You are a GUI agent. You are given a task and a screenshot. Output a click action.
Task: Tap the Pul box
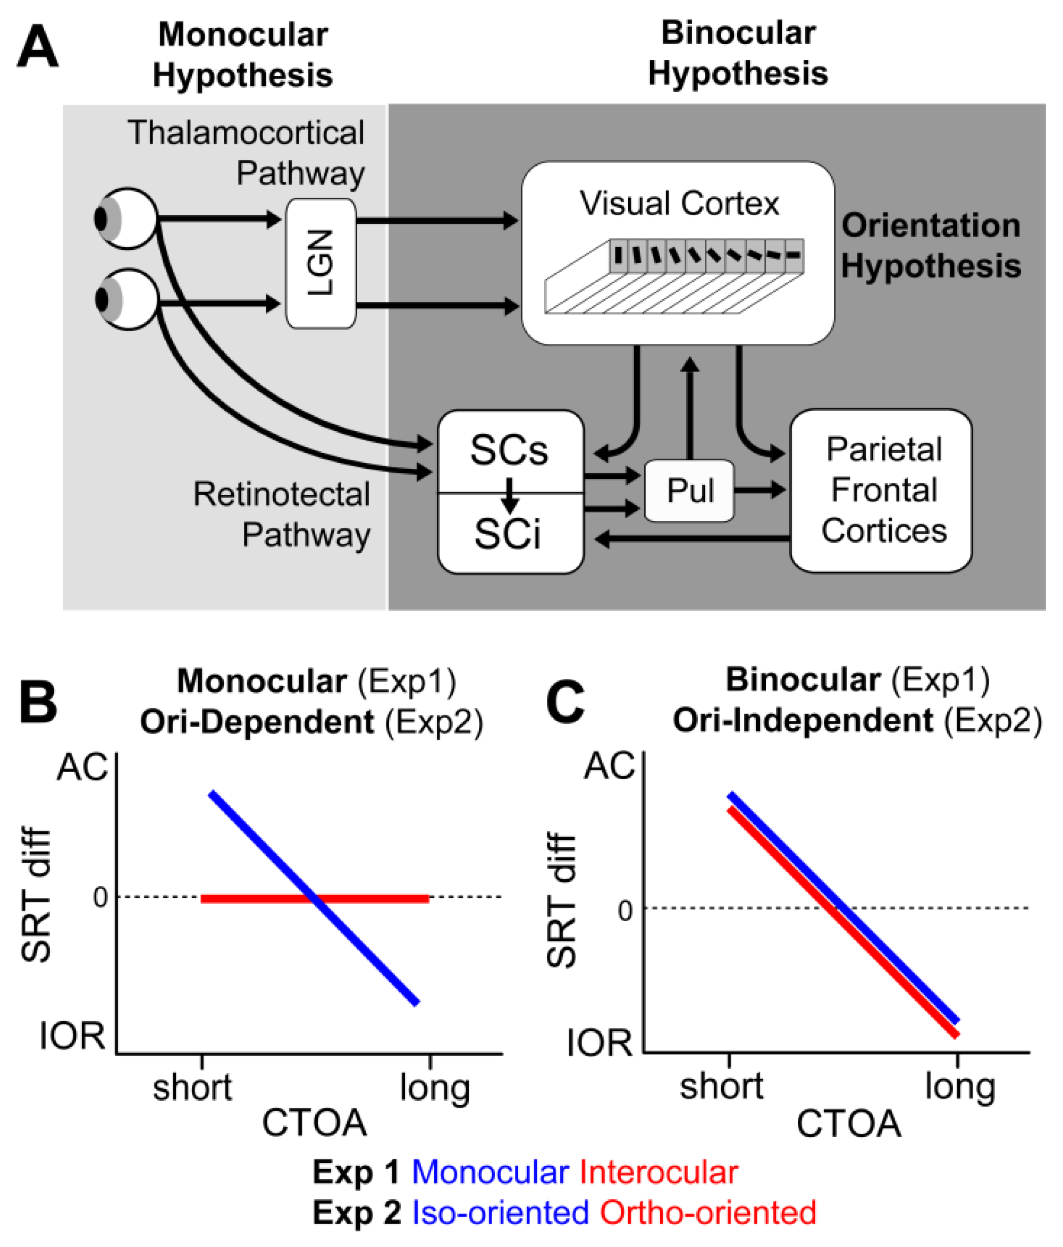point(689,490)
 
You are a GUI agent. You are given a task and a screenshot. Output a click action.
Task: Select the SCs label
point(509,450)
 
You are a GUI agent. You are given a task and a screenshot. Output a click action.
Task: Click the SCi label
point(508,534)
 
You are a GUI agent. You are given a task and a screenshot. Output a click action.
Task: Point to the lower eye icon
point(126,299)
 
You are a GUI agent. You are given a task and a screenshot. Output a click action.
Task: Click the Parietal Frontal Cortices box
point(881,491)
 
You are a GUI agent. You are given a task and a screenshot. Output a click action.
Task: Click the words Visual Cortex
point(678,204)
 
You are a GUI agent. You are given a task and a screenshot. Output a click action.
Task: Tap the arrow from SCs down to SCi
point(509,493)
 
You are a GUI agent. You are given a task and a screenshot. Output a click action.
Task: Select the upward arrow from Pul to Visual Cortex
point(690,409)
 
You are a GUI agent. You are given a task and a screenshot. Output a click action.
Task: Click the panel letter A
point(37,47)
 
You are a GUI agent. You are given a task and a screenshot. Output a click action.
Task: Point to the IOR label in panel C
point(599,1043)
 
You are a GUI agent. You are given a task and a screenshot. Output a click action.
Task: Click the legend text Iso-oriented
point(500,1212)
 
